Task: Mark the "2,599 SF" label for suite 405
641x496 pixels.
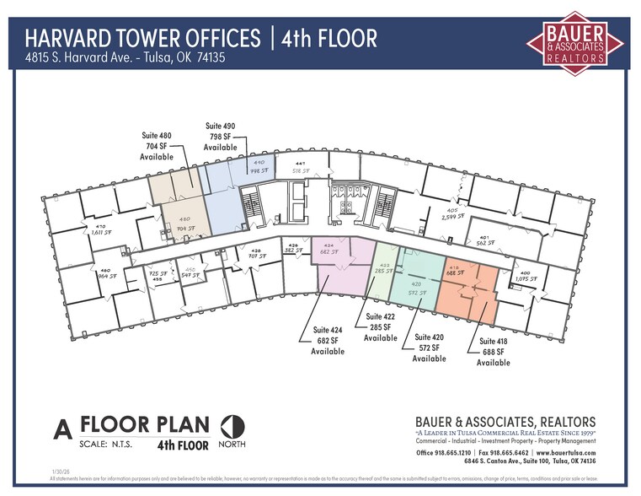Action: click(x=452, y=217)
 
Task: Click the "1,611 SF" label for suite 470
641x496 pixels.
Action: click(x=101, y=233)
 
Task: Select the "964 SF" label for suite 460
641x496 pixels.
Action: click(x=107, y=276)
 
